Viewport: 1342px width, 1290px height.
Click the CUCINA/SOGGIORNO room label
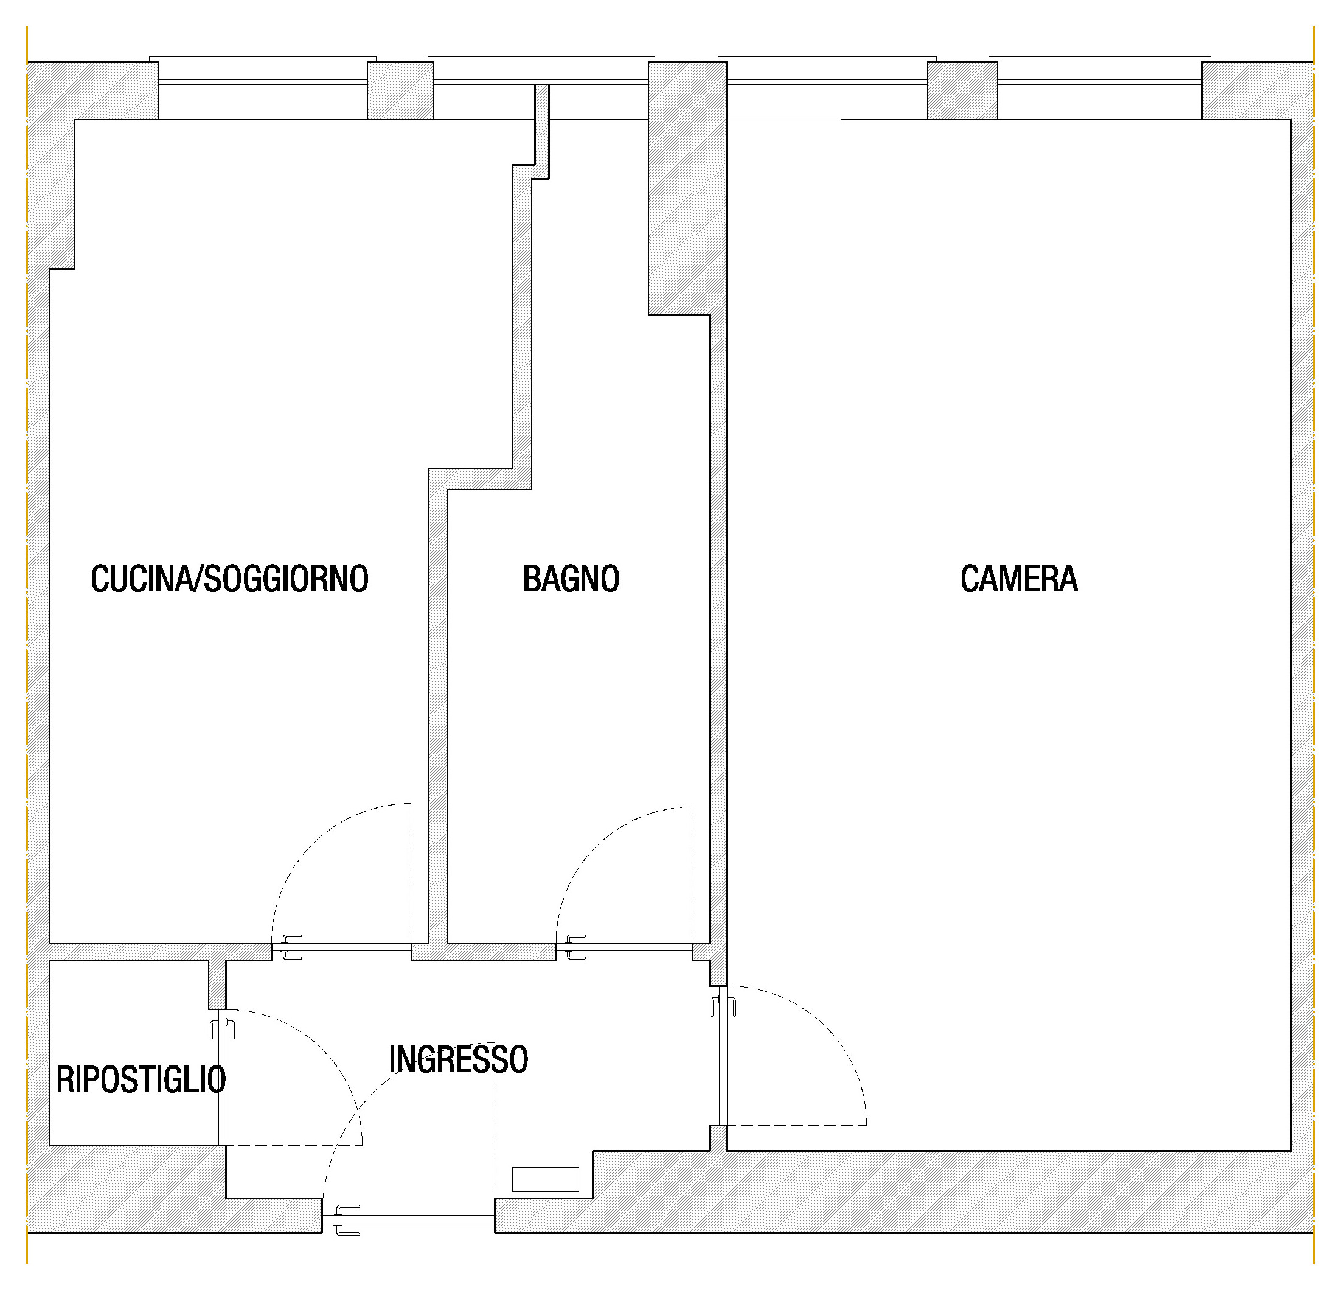pyautogui.click(x=229, y=579)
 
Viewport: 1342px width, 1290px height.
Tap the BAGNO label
pyautogui.click(x=571, y=579)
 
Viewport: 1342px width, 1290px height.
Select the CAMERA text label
pyautogui.click(x=1019, y=579)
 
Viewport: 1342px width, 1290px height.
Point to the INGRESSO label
pyautogui.click(x=458, y=1060)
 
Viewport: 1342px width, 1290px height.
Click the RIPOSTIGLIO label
pyautogui.click(x=141, y=1081)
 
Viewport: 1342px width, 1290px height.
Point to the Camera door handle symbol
pyautogui.click(x=723, y=1006)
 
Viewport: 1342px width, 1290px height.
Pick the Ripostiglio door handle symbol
pyautogui.click(x=222, y=1029)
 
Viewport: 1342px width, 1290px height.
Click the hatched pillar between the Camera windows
pyautogui.click(x=962, y=91)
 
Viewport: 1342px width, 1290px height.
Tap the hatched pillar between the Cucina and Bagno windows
pyautogui.click(x=400, y=91)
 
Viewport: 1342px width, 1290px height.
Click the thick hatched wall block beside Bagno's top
pyautogui.click(x=687, y=188)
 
